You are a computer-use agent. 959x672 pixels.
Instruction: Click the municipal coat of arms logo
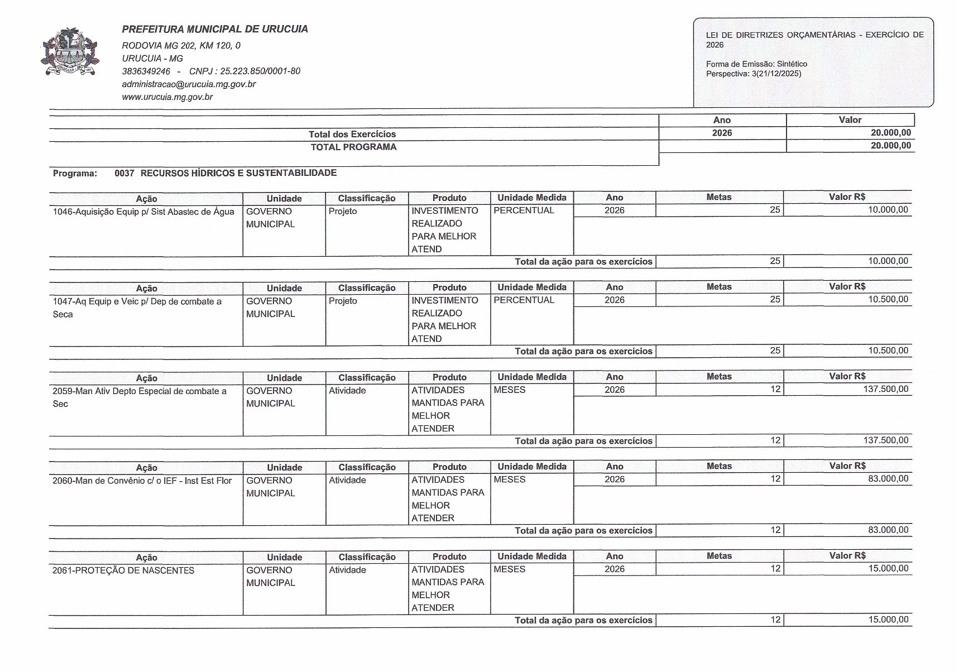coord(70,51)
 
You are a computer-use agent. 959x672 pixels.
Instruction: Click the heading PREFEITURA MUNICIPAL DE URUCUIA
coord(215,29)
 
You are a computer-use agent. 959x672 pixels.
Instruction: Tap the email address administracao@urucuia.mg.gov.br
coord(189,84)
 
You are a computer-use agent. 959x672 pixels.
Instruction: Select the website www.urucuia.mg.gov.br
coord(167,97)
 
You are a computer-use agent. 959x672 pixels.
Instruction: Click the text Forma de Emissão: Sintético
coord(756,64)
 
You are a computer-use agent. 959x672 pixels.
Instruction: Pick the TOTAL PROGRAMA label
coord(353,147)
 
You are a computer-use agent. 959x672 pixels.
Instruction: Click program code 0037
coord(124,174)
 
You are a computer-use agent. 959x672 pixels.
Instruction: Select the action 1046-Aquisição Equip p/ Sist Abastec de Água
coord(143,212)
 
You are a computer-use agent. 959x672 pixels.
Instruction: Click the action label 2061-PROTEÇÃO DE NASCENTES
coord(123,570)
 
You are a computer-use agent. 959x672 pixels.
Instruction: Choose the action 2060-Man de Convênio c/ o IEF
coord(142,481)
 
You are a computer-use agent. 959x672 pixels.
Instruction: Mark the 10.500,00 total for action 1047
coord(888,351)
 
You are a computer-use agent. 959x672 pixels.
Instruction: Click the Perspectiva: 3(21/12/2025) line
coord(754,74)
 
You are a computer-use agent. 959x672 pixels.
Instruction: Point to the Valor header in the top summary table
coord(850,120)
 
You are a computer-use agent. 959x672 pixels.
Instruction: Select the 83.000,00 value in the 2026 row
coord(888,479)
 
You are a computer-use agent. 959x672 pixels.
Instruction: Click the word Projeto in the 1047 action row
coord(343,301)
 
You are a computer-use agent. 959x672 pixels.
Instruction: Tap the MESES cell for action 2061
coord(510,569)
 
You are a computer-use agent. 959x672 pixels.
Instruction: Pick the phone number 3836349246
coord(146,71)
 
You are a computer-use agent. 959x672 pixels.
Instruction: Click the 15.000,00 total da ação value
coord(888,620)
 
